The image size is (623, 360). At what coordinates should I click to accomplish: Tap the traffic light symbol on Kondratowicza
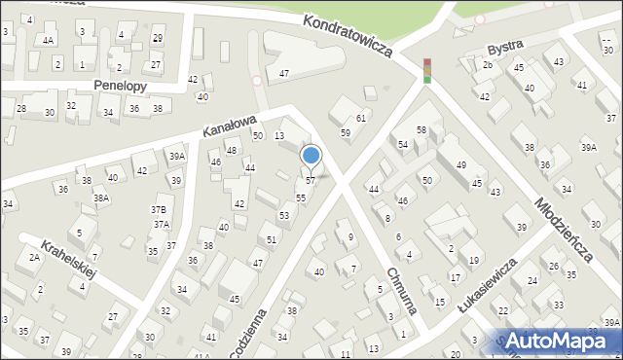coord(426,71)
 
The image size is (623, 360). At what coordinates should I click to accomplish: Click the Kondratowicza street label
coord(347,35)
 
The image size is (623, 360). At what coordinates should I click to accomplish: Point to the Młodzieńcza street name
coord(564,227)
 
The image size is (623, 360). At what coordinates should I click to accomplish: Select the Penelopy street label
coord(120,86)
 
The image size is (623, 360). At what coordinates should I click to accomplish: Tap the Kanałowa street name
coord(229,124)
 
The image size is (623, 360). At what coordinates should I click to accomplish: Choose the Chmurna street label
coord(401,291)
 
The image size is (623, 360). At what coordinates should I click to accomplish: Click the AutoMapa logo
coord(563,341)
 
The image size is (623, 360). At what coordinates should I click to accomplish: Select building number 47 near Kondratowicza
coord(283,74)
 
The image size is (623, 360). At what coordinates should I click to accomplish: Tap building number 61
coord(360,118)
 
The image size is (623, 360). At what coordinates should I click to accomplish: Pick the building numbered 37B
coord(158,210)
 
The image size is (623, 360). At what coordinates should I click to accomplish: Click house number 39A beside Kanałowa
coord(176,156)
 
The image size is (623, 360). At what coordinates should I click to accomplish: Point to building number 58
coord(421,130)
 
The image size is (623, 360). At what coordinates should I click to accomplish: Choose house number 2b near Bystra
coord(488,65)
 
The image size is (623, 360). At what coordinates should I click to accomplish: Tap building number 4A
coord(48,41)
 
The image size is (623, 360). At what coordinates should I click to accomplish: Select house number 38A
coord(100,198)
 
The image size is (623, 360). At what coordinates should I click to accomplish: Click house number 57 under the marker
coord(311,181)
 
